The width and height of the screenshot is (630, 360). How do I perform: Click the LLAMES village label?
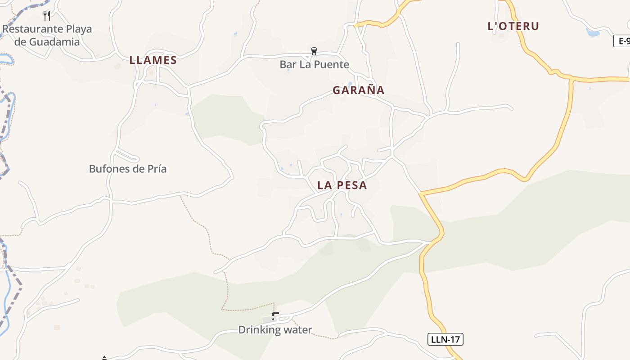[153, 60]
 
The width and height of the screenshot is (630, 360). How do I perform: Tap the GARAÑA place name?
[359, 90]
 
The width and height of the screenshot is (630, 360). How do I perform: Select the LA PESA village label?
[342, 185]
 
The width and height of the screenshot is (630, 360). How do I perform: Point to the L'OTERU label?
[513, 26]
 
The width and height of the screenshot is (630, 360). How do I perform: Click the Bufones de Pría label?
[128, 169]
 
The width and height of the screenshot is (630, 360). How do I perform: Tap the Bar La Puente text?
[314, 64]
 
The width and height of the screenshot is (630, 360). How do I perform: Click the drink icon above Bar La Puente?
[314, 51]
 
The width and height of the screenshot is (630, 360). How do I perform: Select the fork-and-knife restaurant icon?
[47, 16]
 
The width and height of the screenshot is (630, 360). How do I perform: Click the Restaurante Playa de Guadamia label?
[47, 36]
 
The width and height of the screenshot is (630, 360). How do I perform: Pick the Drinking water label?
[274, 330]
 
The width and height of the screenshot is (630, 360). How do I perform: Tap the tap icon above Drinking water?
[275, 317]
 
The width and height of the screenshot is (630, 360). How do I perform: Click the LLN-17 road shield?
[445, 339]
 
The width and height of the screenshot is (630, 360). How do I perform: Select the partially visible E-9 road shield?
[622, 41]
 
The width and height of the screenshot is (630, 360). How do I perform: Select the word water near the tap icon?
[297, 330]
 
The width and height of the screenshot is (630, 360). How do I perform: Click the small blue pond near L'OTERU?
[593, 32]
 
